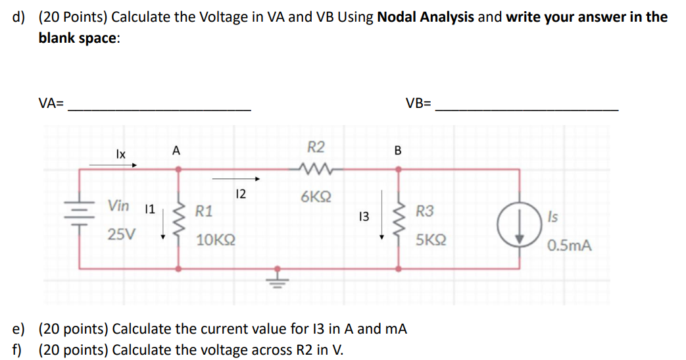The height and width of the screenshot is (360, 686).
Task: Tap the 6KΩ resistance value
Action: (x=316, y=197)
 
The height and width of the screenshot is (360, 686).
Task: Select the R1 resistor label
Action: (x=204, y=211)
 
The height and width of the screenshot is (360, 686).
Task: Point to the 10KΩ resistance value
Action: (x=216, y=239)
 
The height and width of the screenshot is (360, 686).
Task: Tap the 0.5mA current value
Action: (x=569, y=246)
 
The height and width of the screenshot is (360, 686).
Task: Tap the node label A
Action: (x=176, y=151)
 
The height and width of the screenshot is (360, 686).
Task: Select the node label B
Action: (x=397, y=151)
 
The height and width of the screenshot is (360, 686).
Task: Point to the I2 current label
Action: (x=240, y=193)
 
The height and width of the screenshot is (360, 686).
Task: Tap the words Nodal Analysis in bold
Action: (x=426, y=17)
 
